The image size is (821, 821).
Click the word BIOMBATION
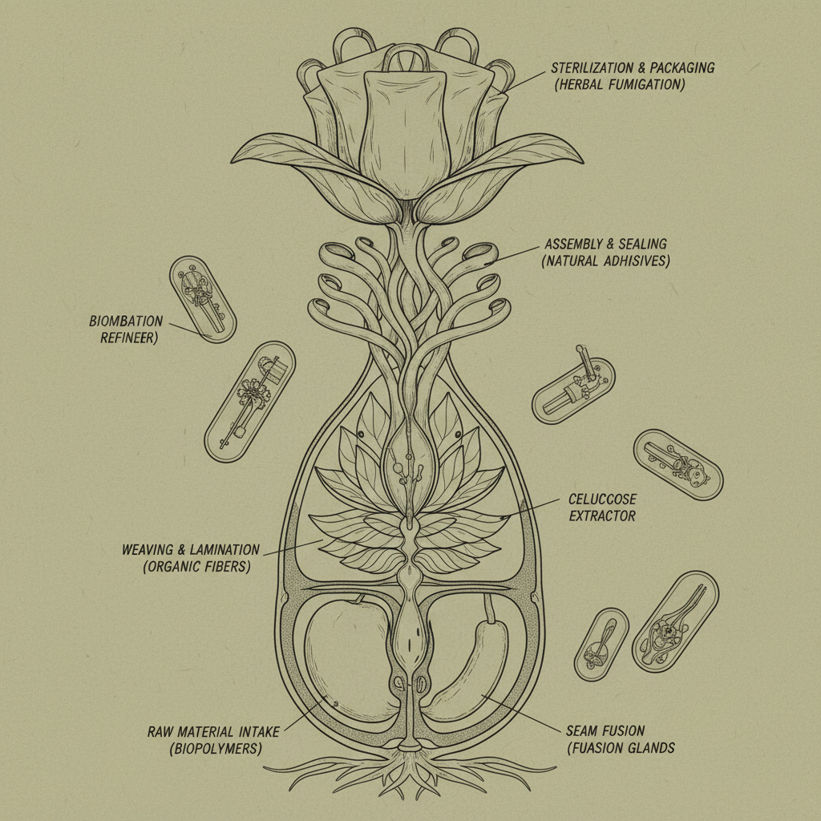point(126,322)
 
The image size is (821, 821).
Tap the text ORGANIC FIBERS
point(188,567)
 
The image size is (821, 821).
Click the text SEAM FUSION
point(605,731)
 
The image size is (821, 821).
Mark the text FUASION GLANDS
point(620,748)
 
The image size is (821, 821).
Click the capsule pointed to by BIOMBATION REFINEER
point(203,299)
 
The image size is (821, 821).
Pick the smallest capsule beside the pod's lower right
point(601,645)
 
